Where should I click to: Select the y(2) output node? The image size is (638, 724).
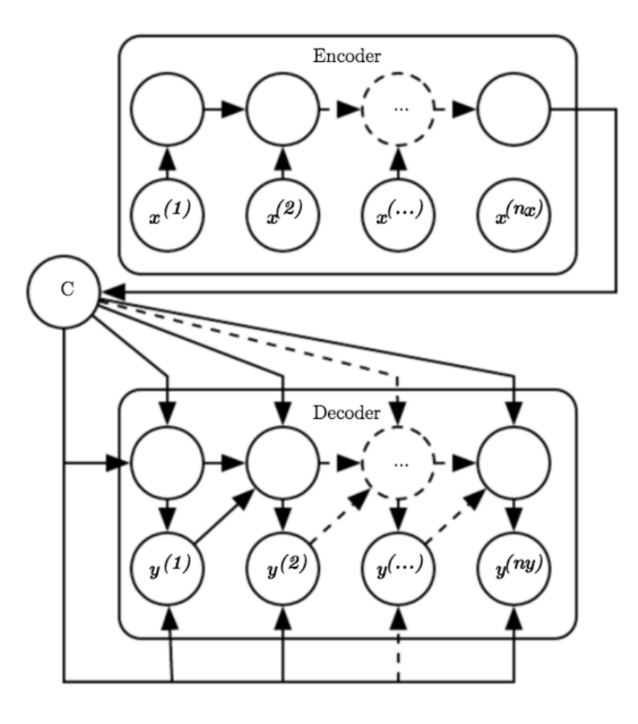pos(282,568)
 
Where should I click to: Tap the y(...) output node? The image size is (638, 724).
pos(398,568)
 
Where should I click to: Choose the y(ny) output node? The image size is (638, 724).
pos(513,568)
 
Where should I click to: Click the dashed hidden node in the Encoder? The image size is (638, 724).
pos(398,110)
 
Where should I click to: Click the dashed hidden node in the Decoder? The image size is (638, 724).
pos(398,464)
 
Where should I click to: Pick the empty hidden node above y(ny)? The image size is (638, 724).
pos(513,464)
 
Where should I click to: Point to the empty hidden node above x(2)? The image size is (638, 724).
pos(282,110)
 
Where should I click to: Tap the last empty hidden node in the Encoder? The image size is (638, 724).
pos(513,110)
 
